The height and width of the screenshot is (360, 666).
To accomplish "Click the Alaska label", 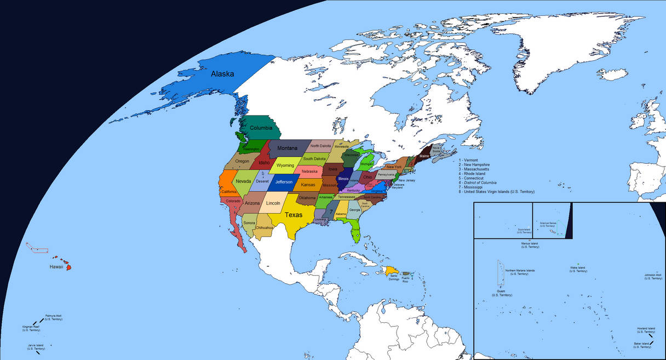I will click(x=222, y=74).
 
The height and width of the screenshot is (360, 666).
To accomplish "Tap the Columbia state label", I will click(x=261, y=128).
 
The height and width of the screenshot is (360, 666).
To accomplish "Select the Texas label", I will click(x=294, y=215).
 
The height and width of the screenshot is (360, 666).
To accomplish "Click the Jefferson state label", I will click(x=284, y=181).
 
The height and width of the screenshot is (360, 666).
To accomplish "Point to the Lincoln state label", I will click(x=272, y=203).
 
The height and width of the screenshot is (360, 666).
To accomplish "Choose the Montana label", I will click(x=287, y=148).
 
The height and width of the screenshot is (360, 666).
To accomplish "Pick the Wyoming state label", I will click(x=285, y=165).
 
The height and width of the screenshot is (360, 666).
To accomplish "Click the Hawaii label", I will click(x=56, y=267).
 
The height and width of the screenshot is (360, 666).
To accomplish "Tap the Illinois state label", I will click(x=343, y=179).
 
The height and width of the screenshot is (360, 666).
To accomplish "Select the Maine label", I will click(x=424, y=156).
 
